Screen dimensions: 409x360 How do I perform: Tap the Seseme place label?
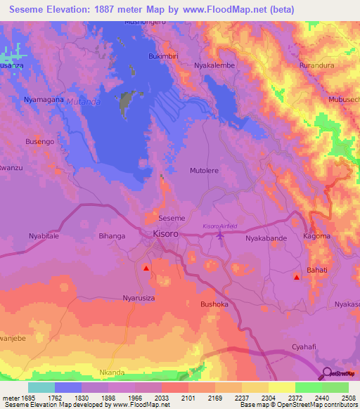172,219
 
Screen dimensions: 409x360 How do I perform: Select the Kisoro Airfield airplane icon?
221,235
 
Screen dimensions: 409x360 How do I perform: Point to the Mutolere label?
205,171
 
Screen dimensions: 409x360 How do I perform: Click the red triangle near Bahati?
296,277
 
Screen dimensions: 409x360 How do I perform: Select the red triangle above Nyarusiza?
146,268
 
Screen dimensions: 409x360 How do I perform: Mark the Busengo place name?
39,142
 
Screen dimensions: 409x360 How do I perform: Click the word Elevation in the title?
71,10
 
